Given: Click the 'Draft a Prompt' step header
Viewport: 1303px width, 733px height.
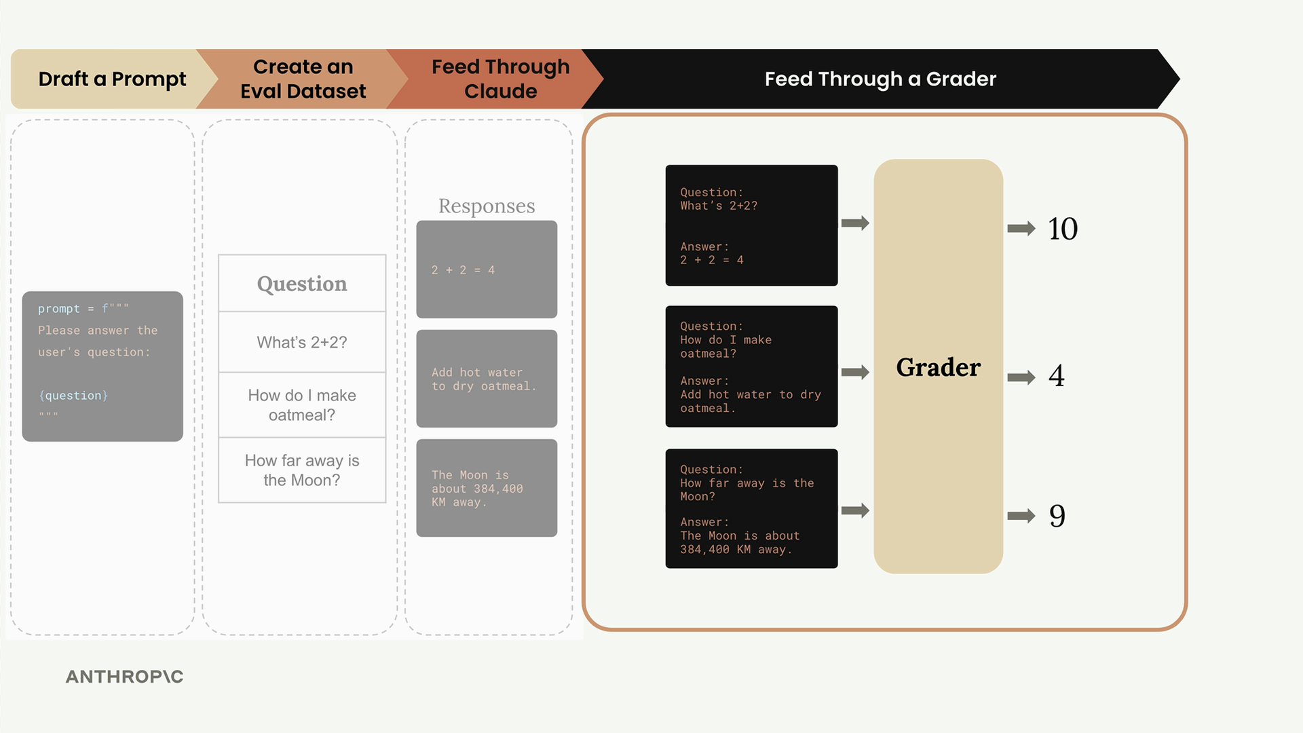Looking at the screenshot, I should [112, 79].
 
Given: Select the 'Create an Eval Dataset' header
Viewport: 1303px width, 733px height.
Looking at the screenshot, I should [303, 79].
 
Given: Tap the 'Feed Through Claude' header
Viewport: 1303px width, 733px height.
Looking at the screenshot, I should [500, 79].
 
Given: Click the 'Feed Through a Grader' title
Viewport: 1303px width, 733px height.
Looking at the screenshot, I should [880, 79].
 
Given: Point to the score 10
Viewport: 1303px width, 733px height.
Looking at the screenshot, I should [1063, 229].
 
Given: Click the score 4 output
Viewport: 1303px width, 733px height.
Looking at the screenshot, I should [1056, 376].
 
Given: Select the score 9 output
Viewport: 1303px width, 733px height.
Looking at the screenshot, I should [1057, 516].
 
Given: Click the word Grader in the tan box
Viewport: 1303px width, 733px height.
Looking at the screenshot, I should [938, 367].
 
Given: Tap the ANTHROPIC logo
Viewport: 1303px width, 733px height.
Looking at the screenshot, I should [124, 677].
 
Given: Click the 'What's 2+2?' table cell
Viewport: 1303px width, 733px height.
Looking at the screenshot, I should [302, 342].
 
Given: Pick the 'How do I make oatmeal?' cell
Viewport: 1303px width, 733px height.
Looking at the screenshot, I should [302, 405].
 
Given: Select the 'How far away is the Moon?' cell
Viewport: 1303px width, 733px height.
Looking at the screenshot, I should [302, 470].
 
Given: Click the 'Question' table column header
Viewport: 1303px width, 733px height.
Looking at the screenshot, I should [302, 284].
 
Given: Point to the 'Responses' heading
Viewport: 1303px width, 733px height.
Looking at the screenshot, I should [487, 206].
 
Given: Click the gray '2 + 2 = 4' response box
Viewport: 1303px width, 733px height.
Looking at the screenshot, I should [487, 269].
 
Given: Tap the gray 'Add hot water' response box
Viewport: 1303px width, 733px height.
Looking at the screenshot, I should [487, 379].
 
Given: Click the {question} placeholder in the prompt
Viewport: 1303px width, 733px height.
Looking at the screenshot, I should [73, 396].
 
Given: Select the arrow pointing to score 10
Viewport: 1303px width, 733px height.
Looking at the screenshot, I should [1021, 229].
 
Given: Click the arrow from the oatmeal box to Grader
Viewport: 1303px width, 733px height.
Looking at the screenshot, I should [855, 372].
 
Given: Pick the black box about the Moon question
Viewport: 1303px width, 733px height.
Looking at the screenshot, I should [751, 508].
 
